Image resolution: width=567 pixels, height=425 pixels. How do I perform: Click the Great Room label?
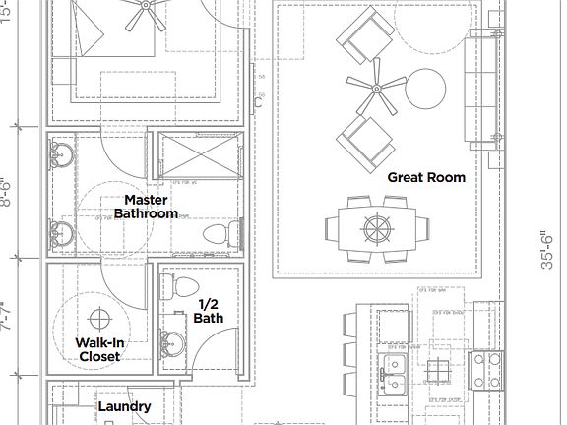click(x=425, y=177)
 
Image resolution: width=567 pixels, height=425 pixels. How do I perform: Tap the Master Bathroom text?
click(x=146, y=206)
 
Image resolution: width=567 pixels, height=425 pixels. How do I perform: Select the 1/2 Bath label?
click(x=209, y=311)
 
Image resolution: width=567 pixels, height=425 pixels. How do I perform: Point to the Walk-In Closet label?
click(x=98, y=349)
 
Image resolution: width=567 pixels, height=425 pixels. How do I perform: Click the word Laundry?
click(x=124, y=406)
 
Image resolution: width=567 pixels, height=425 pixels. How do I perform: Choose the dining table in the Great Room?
click(x=377, y=228)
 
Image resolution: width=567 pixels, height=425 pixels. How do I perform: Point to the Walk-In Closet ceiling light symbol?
click(x=99, y=319)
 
